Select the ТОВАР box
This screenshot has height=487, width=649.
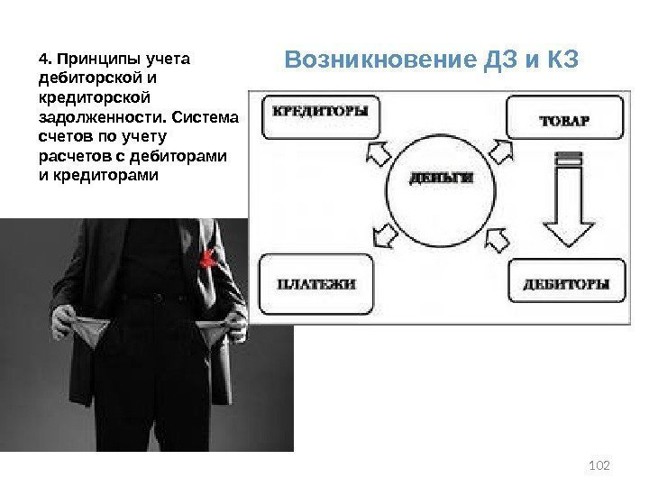pos(565,117)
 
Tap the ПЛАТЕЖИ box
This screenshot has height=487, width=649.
pos(315,283)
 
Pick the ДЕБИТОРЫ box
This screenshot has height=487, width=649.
pos(566,284)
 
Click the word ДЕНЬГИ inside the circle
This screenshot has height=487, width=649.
pos(442,178)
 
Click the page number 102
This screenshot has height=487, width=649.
pos(599,464)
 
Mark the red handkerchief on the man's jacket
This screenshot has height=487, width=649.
pos(208,259)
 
